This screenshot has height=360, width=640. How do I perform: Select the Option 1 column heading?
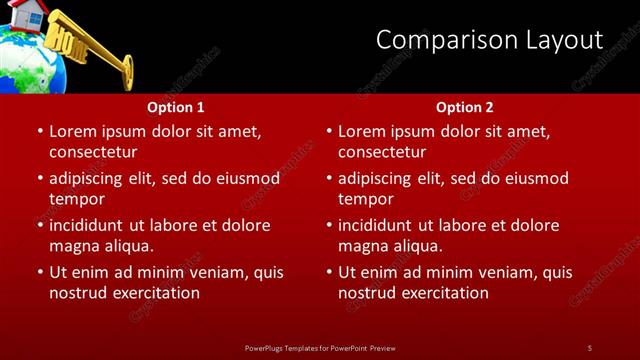click(176, 107)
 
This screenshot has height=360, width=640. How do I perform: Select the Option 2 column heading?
click(465, 107)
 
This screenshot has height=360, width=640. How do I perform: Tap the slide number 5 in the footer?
click(589, 347)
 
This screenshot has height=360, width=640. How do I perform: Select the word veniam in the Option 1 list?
click(204, 273)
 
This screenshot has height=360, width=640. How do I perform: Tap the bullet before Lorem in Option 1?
click(38, 132)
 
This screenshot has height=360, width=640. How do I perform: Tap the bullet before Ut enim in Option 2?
click(328, 273)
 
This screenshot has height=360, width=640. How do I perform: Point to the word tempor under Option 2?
click(366, 199)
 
